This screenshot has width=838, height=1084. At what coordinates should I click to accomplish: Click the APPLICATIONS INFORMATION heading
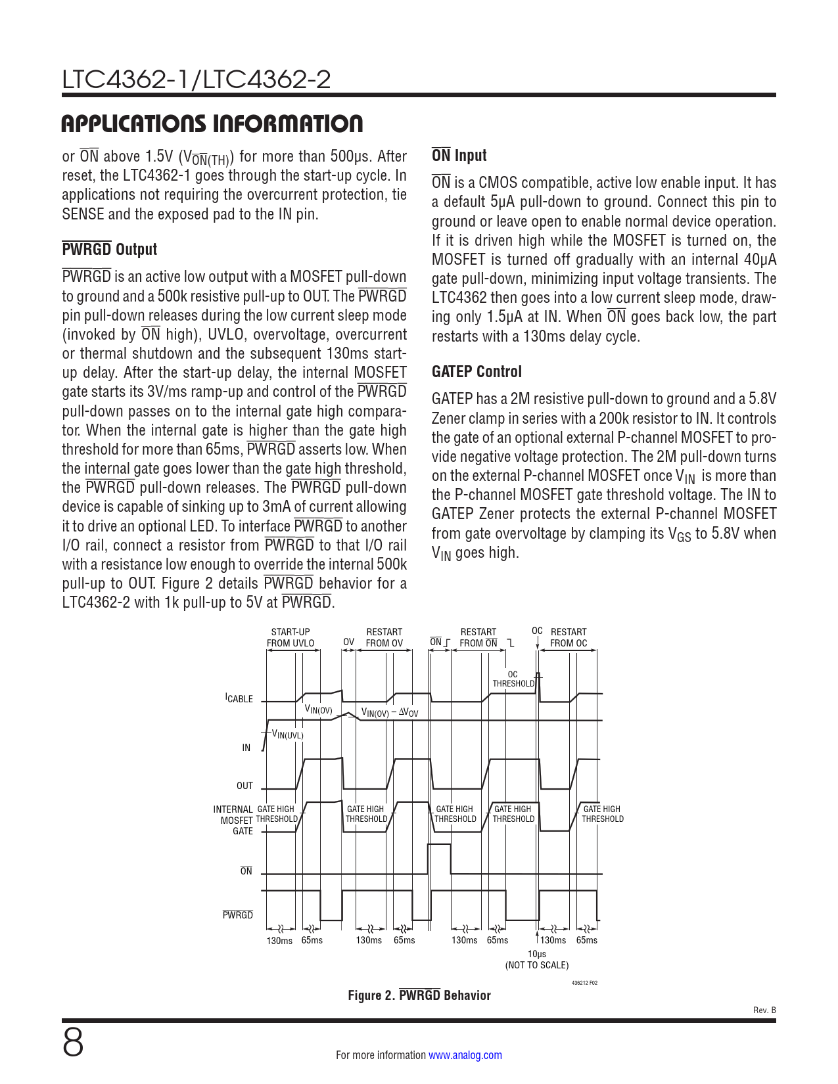pos(212,124)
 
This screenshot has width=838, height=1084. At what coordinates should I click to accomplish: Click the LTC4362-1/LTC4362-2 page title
pos(196,80)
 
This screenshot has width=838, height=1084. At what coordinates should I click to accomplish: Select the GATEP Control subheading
pos(477,372)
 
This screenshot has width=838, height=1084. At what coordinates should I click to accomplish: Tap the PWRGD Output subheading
pos(110,250)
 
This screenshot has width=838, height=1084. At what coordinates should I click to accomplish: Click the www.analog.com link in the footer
pos(465,1055)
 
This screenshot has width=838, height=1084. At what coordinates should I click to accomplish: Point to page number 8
pos(73,1043)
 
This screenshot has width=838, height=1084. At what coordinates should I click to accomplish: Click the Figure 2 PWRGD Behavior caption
pos(419,995)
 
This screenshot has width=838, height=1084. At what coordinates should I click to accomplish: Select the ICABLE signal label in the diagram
pos(239,698)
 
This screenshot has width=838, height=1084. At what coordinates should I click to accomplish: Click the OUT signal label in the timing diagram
pos(244,786)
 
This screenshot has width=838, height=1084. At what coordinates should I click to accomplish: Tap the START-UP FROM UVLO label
pos(291,637)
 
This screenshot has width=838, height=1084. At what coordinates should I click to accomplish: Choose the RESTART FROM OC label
pos(569,637)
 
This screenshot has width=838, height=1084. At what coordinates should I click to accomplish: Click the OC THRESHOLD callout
pos(513,679)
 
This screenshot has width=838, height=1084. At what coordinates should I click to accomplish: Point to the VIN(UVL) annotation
pos(288,735)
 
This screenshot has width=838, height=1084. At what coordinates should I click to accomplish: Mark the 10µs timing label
pos(537,954)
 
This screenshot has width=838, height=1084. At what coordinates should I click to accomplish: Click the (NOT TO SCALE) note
pos(537,965)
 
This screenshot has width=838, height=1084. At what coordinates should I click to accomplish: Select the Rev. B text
pos(764,1010)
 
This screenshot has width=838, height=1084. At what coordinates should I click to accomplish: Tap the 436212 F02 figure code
pos(584,983)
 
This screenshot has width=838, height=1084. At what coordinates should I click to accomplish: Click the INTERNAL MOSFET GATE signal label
pos(234,820)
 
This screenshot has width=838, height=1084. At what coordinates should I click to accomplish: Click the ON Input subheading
pos(459,156)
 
